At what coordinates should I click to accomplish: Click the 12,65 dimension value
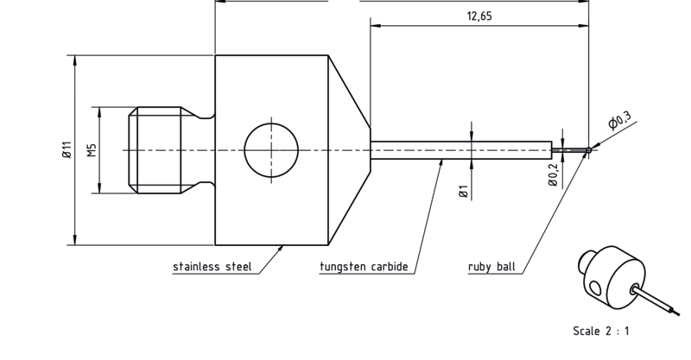(x=479, y=16)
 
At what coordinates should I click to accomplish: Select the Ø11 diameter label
(x=67, y=150)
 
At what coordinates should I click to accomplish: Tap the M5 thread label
(x=92, y=150)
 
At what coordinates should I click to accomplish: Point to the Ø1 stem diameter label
(x=463, y=193)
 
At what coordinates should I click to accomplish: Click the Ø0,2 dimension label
(x=553, y=174)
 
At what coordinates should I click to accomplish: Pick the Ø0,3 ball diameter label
(x=619, y=119)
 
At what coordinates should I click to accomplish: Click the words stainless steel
(x=212, y=267)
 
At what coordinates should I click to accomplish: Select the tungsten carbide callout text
(x=364, y=267)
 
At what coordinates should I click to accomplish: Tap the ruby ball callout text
(x=491, y=267)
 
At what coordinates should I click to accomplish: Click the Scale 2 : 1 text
(x=601, y=331)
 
